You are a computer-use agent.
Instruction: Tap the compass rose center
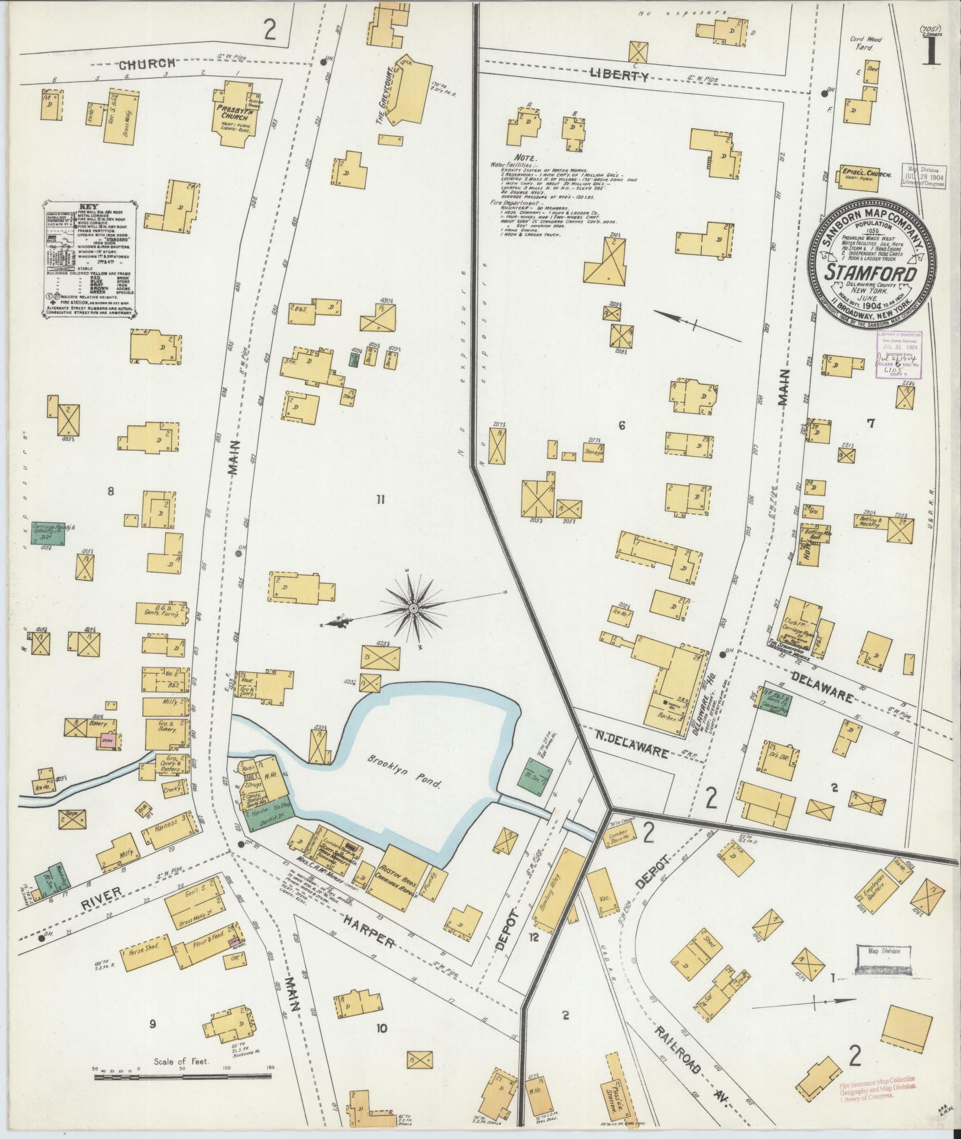coord(413,608)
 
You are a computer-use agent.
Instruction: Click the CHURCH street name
coord(146,63)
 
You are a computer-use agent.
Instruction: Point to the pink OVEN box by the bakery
coord(108,741)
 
